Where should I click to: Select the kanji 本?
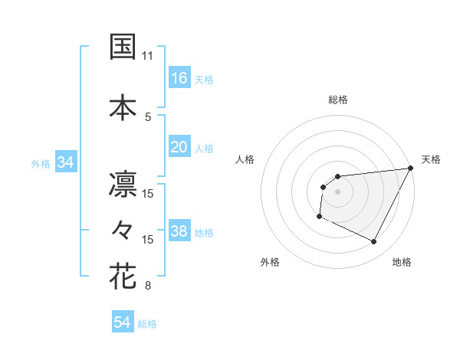123,106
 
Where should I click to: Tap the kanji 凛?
123,183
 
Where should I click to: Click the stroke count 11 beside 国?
148,56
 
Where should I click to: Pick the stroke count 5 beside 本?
148,116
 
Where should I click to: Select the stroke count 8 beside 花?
148,286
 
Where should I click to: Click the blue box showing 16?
179,78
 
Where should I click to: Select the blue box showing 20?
179,147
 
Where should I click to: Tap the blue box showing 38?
179,231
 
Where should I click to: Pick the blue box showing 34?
65,162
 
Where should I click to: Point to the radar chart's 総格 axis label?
337,100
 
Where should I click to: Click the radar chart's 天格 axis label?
431,159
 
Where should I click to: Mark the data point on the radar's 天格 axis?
411,169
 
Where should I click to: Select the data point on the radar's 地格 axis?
374,242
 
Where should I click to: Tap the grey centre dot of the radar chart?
337,191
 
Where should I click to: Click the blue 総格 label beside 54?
147,324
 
